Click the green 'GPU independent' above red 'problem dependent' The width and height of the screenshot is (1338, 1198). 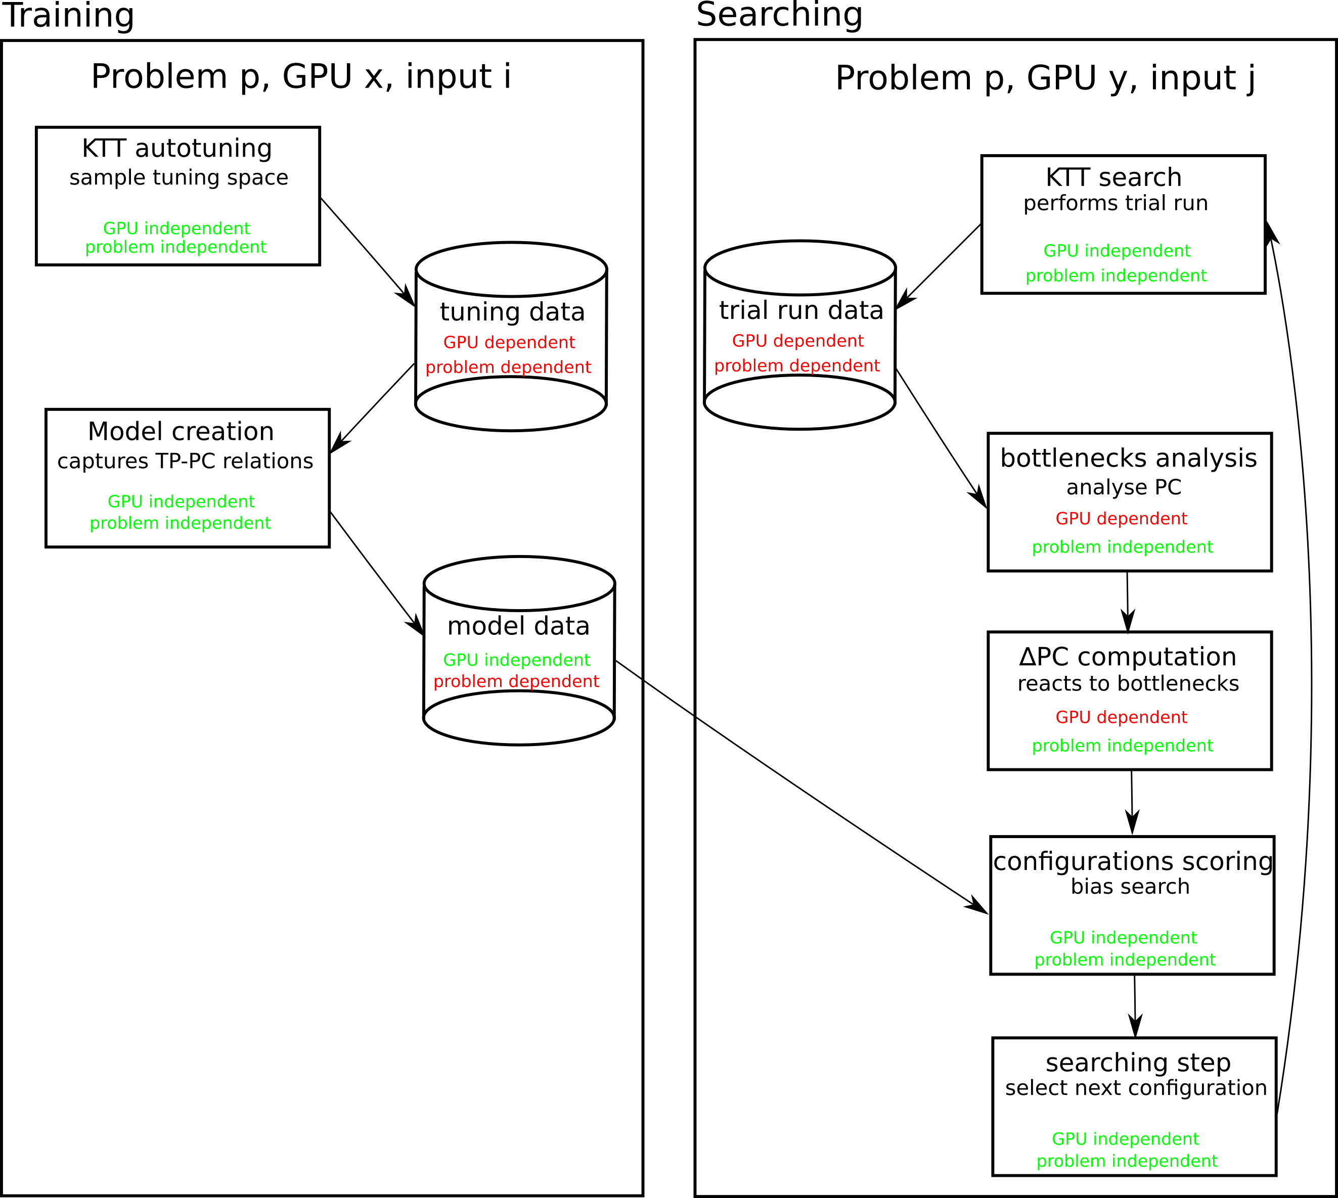pyautogui.click(x=516, y=660)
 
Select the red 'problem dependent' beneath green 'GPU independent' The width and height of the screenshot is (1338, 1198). pyautogui.click(x=516, y=682)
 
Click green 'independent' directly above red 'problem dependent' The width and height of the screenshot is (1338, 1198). pyautogui.click(x=538, y=660)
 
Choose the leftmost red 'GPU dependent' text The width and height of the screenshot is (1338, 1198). pyautogui.click(x=509, y=343)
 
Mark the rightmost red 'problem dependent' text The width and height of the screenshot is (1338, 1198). pyautogui.click(x=797, y=366)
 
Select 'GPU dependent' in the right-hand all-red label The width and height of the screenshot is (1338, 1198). pyautogui.click(x=797, y=342)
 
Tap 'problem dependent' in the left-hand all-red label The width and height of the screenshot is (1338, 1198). pyautogui.click(x=508, y=367)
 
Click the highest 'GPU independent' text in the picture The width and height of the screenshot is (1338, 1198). pyautogui.click(x=176, y=228)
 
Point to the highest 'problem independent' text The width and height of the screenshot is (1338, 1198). pyautogui.click(x=176, y=248)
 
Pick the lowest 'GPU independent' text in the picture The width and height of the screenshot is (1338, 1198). pyautogui.click(x=1125, y=1139)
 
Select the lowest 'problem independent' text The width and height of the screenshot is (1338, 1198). pyautogui.click(x=1127, y=1161)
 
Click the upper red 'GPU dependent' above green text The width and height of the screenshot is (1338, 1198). pyautogui.click(x=1122, y=519)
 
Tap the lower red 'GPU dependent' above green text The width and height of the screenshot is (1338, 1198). pyautogui.click(x=1122, y=717)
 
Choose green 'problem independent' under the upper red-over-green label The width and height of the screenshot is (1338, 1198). pyautogui.click(x=1122, y=547)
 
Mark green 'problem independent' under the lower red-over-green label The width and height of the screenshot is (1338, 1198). pyautogui.click(x=1122, y=746)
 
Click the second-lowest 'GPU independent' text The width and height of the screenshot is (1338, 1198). pyautogui.click(x=1123, y=938)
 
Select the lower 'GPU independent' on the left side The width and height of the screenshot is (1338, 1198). pyautogui.click(x=181, y=501)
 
